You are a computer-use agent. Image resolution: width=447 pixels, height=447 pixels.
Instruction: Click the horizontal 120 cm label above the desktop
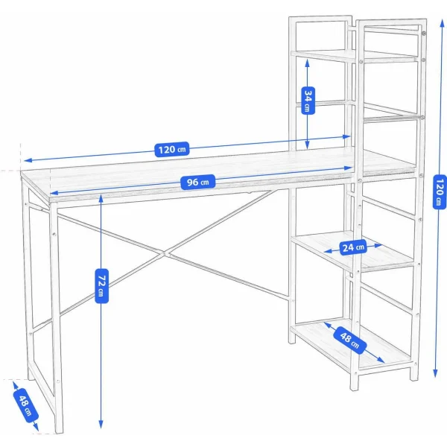pyautogui.click(x=172, y=149)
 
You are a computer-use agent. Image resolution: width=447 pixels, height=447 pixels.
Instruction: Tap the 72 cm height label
pyautogui.click(x=102, y=287)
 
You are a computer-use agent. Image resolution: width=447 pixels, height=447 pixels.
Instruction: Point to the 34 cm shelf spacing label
pyautogui.click(x=307, y=99)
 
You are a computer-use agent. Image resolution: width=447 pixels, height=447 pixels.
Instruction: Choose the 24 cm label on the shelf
pyautogui.click(x=352, y=247)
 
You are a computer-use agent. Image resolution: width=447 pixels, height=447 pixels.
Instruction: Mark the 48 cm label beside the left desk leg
pyautogui.click(x=25, y=405)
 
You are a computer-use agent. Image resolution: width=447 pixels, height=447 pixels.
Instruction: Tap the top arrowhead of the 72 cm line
pyautogui.click(x=101, y=197)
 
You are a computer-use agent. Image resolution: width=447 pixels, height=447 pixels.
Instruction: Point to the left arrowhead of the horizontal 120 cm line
pyautogui.click(x=25, y=159)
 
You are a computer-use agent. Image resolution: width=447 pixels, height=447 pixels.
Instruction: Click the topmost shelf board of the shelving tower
pyautogui.click(x=354, y=56)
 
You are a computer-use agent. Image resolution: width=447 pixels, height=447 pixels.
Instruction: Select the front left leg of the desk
pyautogui.click(x=56, y=320)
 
